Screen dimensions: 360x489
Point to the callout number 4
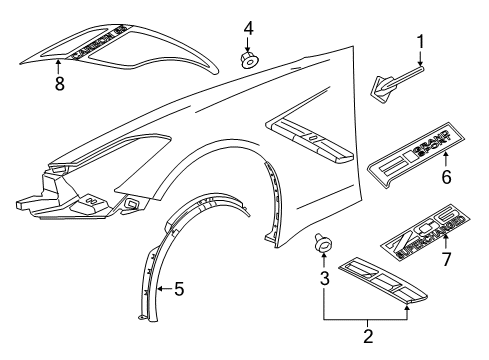click(x=248, y=26)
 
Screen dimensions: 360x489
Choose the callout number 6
click(x=446, y=178)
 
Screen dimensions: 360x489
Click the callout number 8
click(x=59, y=86)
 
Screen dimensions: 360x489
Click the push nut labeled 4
click(x=247, y=60)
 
